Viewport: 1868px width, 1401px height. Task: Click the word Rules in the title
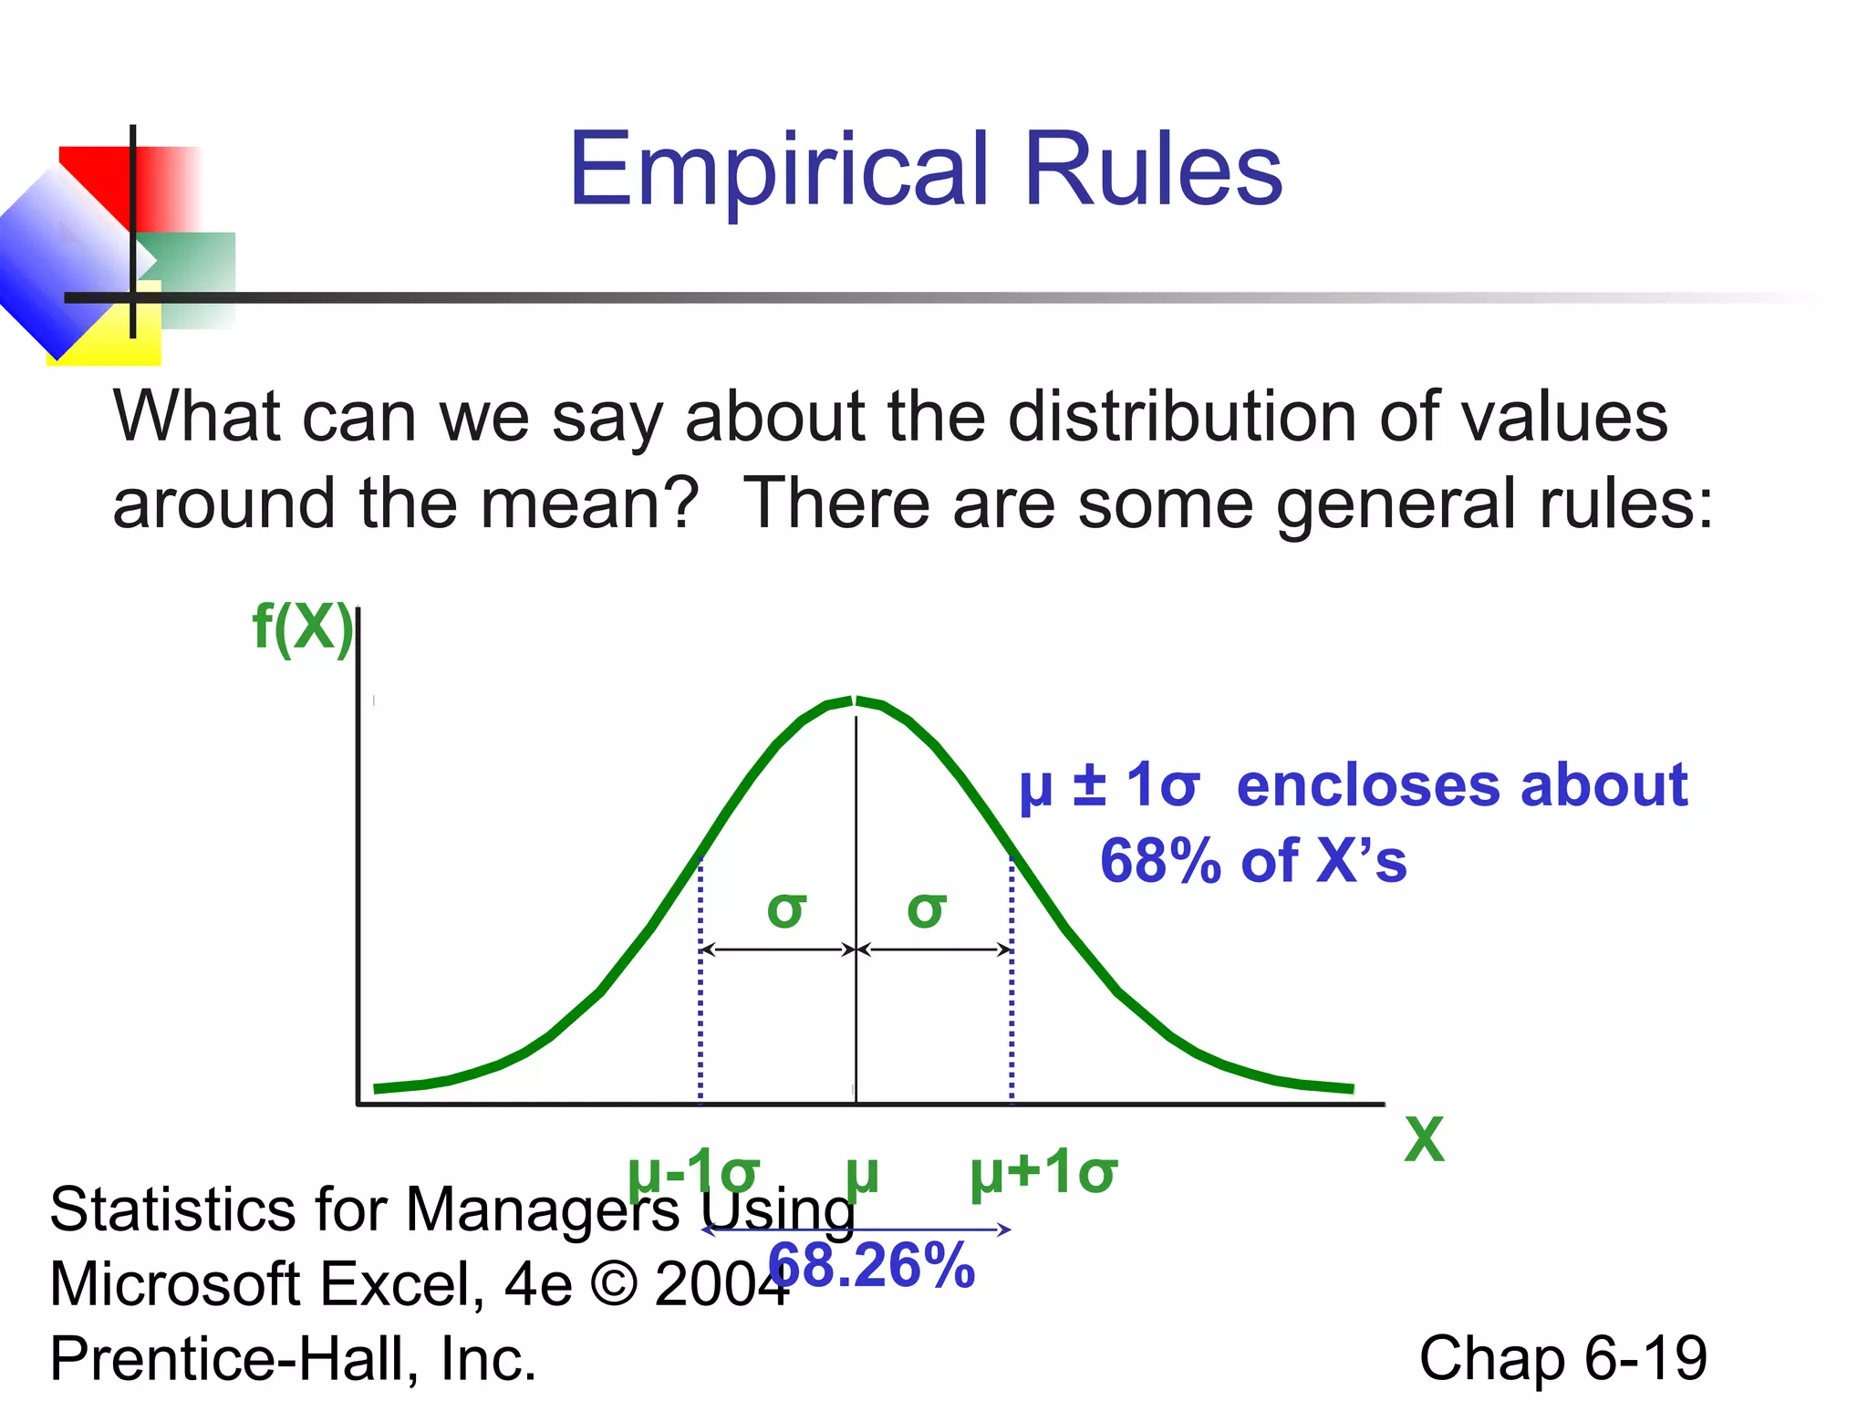pyautogui.click(x=1153, y=169)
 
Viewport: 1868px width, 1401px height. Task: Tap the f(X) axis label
pyautogui.click(x=301, y=628)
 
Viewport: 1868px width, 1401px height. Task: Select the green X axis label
pyautogui.click(x=1424, y=1139)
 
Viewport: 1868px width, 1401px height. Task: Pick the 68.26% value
pyautogui.click(x=872, y=1265)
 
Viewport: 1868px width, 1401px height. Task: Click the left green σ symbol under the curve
pyautogui.click(x=786, y=909)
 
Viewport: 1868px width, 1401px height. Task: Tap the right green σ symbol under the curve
pyautogui.click(x=926, y=909)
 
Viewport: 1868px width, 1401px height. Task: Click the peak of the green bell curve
pyautogui.click(x=855, y=700)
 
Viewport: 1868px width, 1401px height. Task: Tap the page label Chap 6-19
pyautogui.click(x=1562, y=1357)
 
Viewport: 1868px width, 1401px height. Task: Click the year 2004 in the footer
pyautogui.click(x=721, y=1283)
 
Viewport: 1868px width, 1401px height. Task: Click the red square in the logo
pyautogui.click(x=96, y=178)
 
